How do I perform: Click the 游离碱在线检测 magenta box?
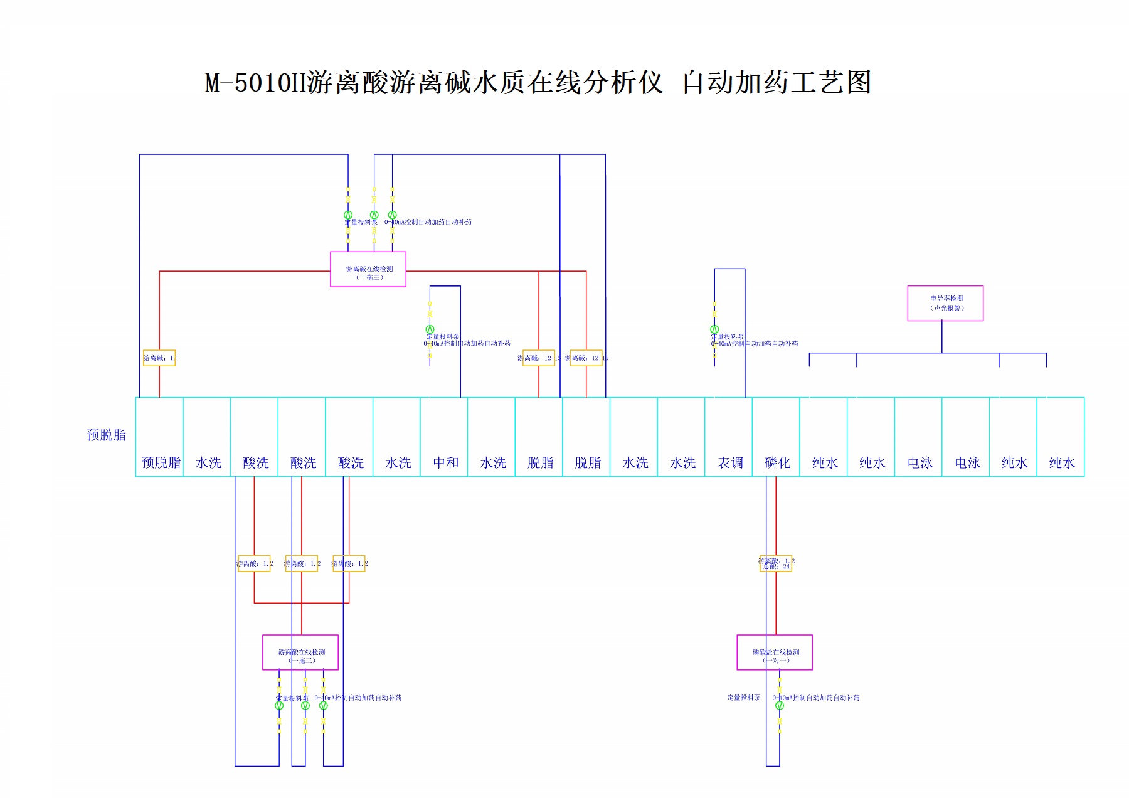(368, 270)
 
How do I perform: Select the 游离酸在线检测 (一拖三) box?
(300, 652)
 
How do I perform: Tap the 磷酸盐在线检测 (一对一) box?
(775, 652)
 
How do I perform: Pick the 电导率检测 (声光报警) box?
(945, 303)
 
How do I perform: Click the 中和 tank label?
(445, 463)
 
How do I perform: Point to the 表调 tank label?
(730, 463)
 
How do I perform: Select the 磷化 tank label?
(777, 463)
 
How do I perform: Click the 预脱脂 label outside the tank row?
(106, 435)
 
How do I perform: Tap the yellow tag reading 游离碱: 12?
(159, 358)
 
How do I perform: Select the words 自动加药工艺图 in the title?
(777, 83)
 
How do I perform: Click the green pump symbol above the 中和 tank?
(430, 329)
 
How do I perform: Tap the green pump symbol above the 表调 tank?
(714, 329)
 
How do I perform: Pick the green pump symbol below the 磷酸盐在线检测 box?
(780, 706)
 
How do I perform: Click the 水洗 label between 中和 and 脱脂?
(493, 463)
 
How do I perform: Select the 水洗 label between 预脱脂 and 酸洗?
(208, 463)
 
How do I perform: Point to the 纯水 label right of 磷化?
(825, 463)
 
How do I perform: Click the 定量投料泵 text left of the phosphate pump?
(744, 698)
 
